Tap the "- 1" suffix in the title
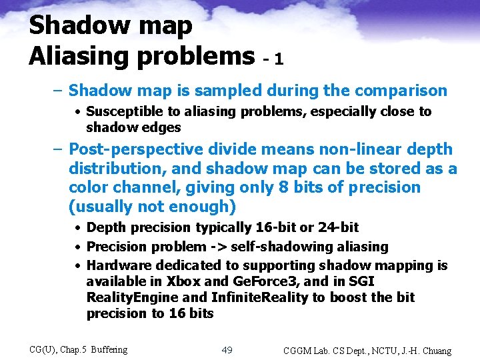click(273, 59)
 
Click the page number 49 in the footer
click(227, 349)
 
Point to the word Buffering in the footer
click(109, 349)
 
